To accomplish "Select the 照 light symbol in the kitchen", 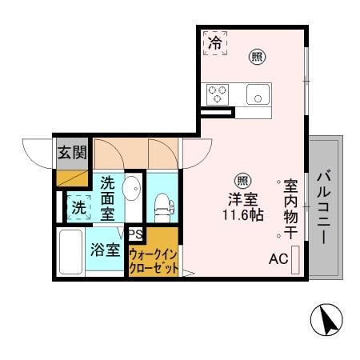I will [257, 56].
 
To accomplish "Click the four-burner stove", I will [217, 94].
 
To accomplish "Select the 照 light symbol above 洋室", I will [240, 181].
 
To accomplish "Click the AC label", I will [278, 258].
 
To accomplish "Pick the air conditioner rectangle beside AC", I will [295, 258].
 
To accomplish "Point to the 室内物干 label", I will [291, 209].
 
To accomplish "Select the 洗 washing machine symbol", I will [78, 206].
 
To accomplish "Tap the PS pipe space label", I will [135, 234].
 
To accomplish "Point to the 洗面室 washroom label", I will [107, 198].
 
